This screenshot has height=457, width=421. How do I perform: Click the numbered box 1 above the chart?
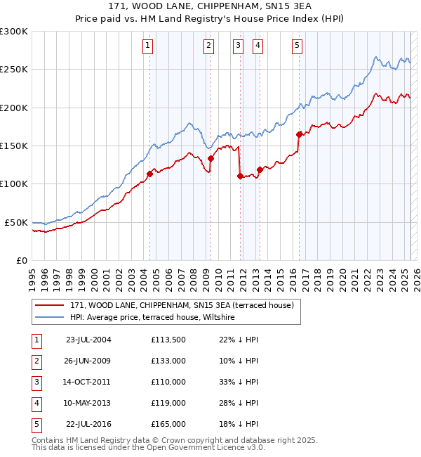[149, 46]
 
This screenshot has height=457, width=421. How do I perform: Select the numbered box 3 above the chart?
[239, 46]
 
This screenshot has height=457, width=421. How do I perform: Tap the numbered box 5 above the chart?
[298, 46]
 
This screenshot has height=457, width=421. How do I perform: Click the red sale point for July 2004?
[149, 174]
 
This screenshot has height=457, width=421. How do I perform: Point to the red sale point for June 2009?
[210, 159]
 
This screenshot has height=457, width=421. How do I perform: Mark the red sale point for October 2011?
[240, 176]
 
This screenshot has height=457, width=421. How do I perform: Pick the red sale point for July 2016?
[300, 134]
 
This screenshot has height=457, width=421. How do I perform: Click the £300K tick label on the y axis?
[14, 32]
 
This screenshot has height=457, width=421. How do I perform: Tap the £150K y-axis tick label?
[14, 146]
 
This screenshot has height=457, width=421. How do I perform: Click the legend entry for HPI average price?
[155, 318]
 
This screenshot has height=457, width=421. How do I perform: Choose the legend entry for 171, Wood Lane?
[185, 305]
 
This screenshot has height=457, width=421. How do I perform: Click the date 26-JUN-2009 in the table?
[88, 361]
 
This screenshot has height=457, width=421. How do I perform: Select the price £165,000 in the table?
[168, 424]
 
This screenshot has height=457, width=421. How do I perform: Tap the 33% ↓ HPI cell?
[239, 382]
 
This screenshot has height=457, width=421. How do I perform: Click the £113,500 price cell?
[168, 340]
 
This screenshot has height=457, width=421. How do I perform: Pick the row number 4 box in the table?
[36, 403]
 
